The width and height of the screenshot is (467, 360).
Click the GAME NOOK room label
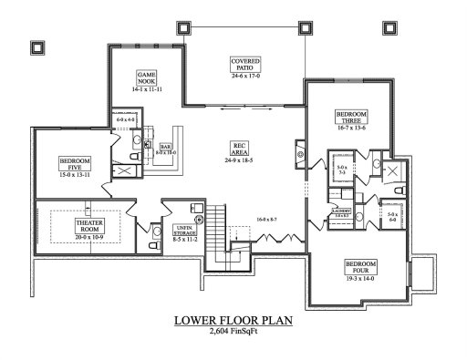[x=148, y=77]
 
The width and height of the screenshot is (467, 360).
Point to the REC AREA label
[x=242, y=147]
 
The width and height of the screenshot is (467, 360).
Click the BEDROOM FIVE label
[x=76, y=163]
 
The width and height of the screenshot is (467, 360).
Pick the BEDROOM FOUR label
[x=360, y=267]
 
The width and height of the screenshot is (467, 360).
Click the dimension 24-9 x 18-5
[x=242, y=159]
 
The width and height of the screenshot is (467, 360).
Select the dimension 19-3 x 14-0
[x=360, y=278]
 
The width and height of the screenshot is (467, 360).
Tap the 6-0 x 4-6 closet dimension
[x=125, y=120]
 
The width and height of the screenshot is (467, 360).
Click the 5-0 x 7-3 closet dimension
[x=342, y=170]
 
